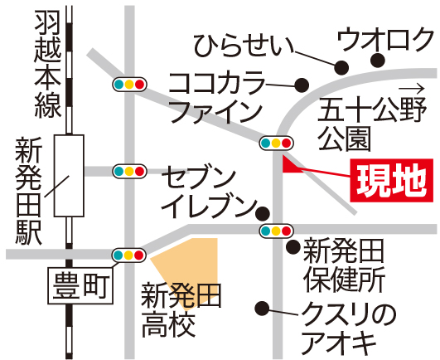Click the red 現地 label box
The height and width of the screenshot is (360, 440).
tap(391, 180)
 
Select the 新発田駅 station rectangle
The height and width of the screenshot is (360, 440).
tap(69, 176)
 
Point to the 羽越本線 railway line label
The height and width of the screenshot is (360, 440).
tap(48, 64)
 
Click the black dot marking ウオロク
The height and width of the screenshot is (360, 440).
tap(377, 61)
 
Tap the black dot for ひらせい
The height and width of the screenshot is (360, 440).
tap(341, 68)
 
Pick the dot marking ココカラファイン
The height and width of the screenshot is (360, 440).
tap(302, 85)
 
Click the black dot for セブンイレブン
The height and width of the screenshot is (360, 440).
tap(263, 214)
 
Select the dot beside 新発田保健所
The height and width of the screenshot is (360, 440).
tap(293, 247)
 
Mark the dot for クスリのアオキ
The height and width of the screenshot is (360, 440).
tap(262, 309)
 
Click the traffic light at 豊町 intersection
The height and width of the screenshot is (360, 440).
tap(129, 255)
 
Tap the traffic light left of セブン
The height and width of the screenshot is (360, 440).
tap(129, 172)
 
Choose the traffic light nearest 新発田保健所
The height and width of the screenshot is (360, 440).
tap(277, 231)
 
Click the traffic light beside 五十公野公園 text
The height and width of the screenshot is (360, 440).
tap(277, 144)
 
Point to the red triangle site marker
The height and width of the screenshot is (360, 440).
tap(291, 165)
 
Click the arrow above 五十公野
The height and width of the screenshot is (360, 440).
tap(411, 90)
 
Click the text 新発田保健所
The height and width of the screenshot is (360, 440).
tap(344, 265)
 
